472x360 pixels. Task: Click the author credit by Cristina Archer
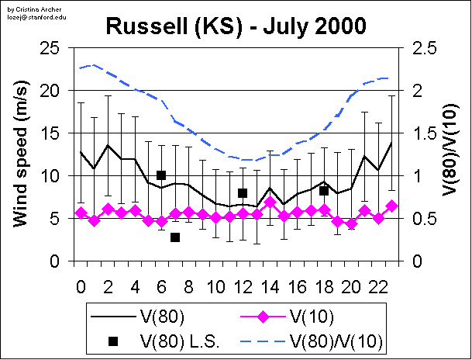26,6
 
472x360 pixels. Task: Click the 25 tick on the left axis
51,48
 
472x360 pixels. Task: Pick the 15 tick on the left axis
51,133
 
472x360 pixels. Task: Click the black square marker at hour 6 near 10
161,175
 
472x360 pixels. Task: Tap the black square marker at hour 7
175,237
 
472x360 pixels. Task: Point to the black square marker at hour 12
243,193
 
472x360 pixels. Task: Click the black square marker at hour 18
324,191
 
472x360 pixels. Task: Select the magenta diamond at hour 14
270,202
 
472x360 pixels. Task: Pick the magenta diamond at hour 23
391,206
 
